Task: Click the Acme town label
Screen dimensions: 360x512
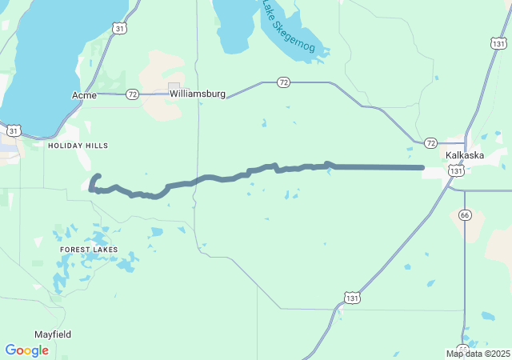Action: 84,95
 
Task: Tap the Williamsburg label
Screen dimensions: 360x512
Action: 197,94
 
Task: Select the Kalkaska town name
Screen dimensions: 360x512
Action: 466,155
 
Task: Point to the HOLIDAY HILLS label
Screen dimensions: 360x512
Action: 78,146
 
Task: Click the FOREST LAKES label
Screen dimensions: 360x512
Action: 89,250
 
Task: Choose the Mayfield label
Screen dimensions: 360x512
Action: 53,334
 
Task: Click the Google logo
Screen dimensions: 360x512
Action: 26,350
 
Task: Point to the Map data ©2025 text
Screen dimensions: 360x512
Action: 478,354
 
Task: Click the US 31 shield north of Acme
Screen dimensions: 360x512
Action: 119,29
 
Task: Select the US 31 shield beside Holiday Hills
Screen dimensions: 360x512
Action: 14,130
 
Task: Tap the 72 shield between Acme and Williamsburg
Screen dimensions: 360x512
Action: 133,94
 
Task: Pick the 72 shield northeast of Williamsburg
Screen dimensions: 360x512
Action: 283,82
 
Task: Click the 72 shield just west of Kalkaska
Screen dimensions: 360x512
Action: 431,143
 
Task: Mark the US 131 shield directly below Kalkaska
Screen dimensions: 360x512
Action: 455,170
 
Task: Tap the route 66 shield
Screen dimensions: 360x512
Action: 465,214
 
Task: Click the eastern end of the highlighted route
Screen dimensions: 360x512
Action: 422,167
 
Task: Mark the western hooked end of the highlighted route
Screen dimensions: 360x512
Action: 98,175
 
